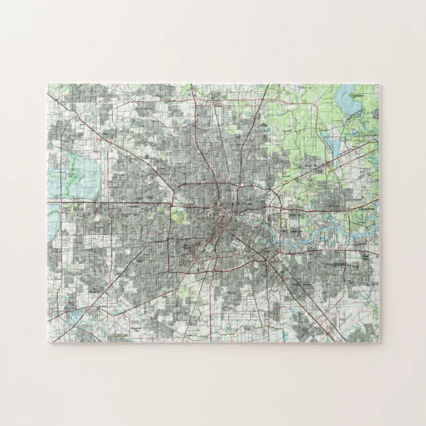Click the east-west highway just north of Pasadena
point(331,251)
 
